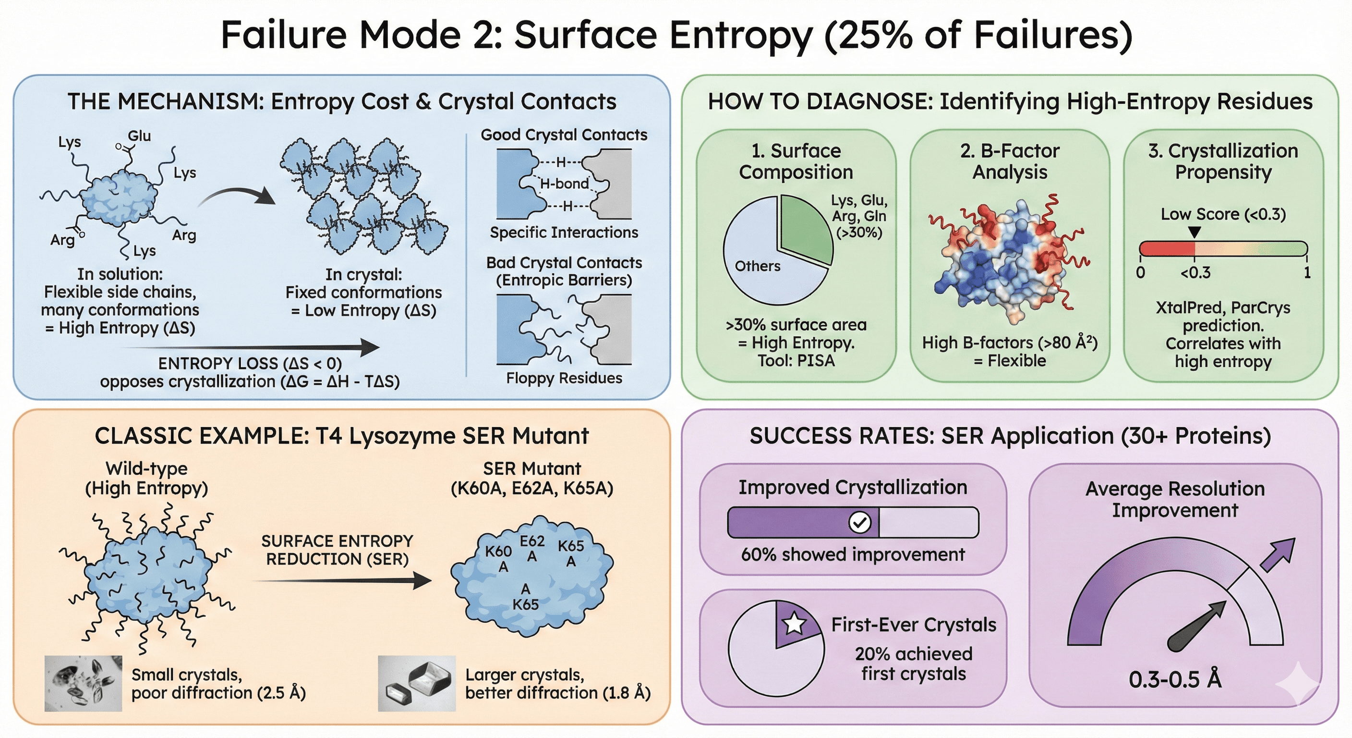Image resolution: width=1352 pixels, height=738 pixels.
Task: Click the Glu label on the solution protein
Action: coord(139,136)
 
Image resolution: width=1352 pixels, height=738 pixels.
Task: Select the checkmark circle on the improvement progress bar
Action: coord(860,522)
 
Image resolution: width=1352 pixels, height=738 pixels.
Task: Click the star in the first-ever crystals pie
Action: coord(794,623)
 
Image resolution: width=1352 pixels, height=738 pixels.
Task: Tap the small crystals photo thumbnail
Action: coord(83,683)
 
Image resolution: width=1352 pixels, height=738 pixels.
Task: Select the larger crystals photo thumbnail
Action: coord(417,683)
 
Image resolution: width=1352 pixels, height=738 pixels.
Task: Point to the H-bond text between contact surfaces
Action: coord(564,184)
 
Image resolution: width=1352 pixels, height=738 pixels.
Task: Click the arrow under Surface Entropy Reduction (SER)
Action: coord(341,581)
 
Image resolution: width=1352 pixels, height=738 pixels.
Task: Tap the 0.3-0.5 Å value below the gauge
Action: coord(1175,680)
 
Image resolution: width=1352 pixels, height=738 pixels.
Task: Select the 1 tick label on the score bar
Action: coord(1307,272)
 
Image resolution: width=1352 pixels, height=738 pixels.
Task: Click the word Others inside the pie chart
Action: coord(757,266)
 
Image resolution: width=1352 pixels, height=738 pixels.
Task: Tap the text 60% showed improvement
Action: coord(853,554)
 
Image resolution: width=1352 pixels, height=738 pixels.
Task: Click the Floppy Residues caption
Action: coord(564,378)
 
